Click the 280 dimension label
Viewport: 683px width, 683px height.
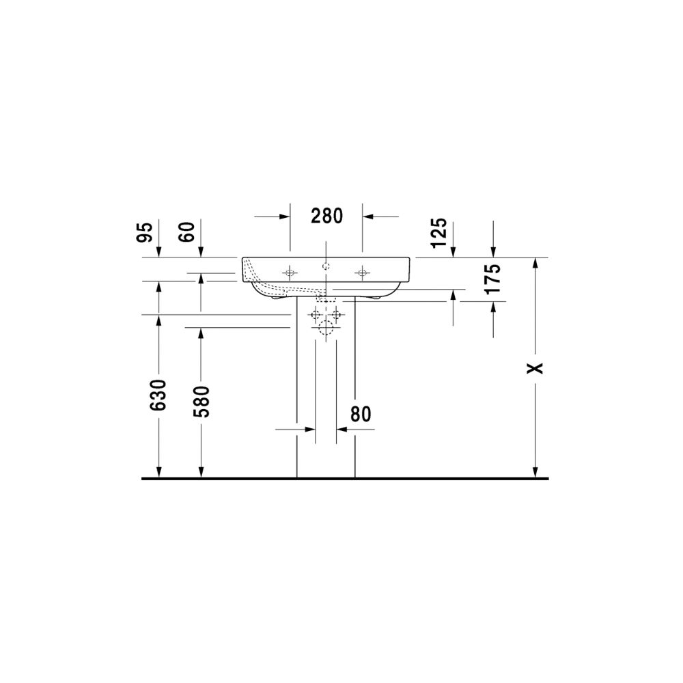tap(326, 216)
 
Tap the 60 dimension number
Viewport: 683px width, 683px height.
tap(187, 232)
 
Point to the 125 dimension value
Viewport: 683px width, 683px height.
tap(439, 233)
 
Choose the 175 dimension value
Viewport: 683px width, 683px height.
tap(494, 279)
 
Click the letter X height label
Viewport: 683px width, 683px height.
tap(535, 368)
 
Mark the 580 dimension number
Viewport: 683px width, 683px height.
tap(201, 402)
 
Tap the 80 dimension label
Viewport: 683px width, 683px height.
tap(361, 415)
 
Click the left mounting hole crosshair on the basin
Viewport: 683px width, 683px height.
tap(290, 273)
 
